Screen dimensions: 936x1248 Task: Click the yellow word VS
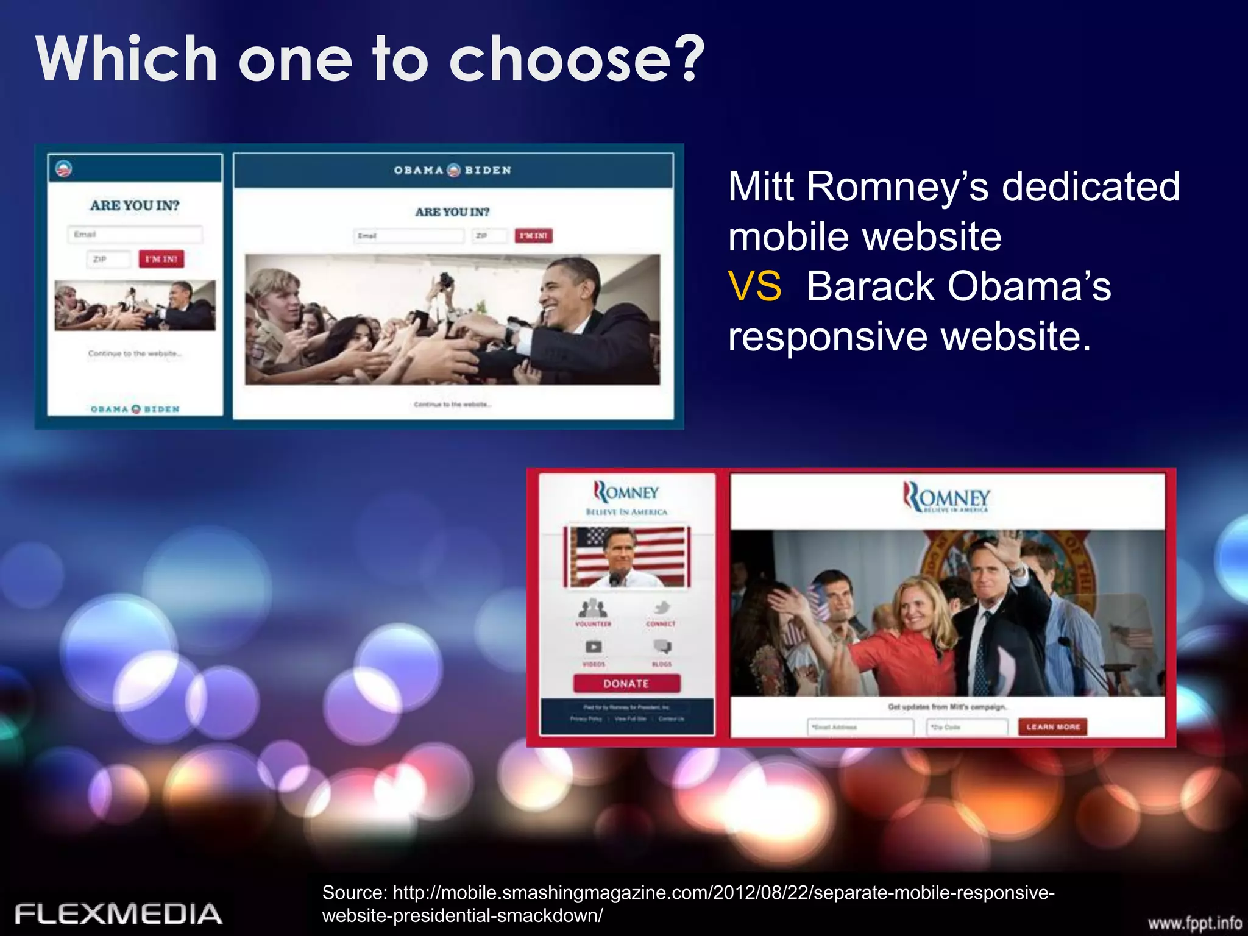coord(754,286)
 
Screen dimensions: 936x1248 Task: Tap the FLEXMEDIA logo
coord(118,914)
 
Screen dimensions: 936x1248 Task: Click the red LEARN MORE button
coord(1052,727)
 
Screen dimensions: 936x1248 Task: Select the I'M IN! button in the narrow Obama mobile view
coord(161,259)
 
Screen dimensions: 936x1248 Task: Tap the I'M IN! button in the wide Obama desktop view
coord(533,236)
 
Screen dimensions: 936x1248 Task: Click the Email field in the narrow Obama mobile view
coord(135,235)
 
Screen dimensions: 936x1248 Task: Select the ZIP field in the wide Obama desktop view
coord(489,236)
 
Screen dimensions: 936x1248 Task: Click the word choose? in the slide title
coord(576,59)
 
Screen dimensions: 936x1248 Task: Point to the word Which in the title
coord(127,59)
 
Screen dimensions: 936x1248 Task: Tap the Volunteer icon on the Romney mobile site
coord(593,608)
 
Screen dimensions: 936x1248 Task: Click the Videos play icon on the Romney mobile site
coord(594,647)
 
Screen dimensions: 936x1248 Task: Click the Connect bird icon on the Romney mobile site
coord(662,608)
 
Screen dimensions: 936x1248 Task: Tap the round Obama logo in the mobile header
coord(63,168)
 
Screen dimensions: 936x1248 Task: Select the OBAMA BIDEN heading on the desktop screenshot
coord(453,170)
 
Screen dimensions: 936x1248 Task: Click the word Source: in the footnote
coord(354,893)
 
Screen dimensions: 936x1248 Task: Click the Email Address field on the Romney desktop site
coord(860,727)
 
